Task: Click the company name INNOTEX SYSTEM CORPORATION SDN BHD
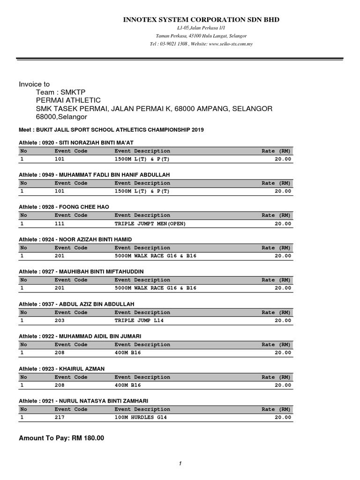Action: (201, 20)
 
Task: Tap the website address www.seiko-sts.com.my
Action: (231, 44)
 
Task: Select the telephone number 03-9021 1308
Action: (174, 44)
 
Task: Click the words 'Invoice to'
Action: (34, 84)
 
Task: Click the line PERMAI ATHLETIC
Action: (68, 100)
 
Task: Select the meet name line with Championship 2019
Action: (111, 129)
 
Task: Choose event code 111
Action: (60, 224)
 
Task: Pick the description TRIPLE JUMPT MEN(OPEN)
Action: (150, 224)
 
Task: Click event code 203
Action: (60, 321)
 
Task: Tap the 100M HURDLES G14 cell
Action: (141, 417)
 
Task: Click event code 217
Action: (60, 417)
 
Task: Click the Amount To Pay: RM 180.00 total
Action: (61, 438)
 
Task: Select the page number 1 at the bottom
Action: (180, 464)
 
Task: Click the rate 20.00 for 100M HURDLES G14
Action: (283, 417)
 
